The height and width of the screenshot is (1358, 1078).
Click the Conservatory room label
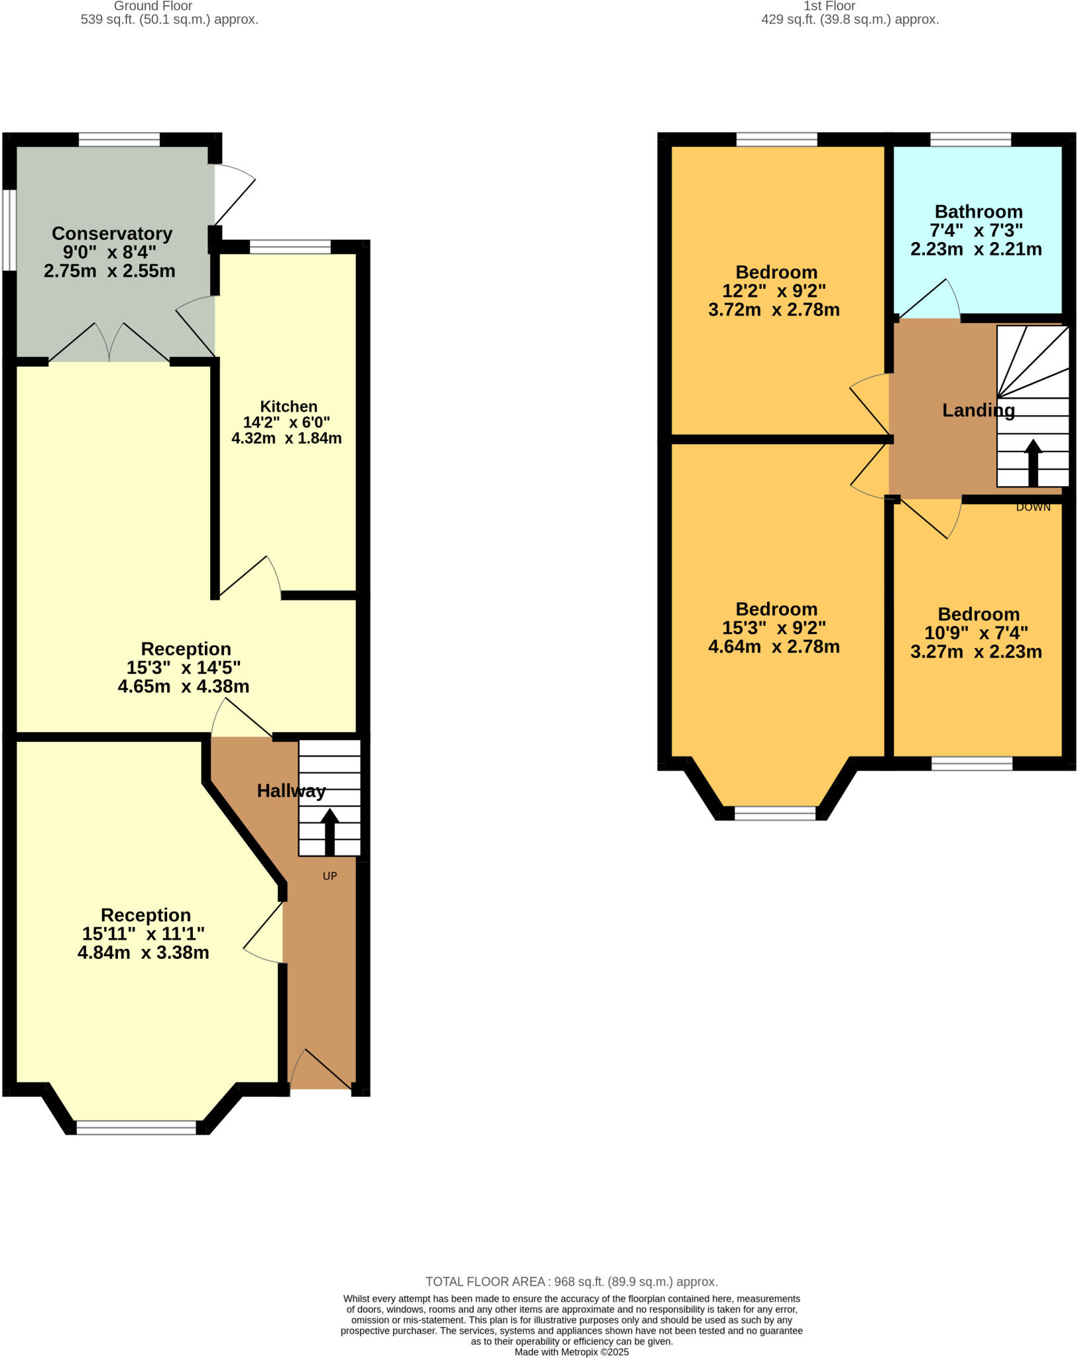coord(112,233)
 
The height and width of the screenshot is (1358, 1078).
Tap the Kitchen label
coord(288,406)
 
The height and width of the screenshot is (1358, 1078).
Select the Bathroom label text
coord(979,212)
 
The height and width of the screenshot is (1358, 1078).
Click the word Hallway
coord(291,790)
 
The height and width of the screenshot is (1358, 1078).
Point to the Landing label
coord(979,410)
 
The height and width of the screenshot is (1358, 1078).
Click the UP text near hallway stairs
coord(329,876)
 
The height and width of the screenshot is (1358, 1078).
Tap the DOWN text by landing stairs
coord(1033,507)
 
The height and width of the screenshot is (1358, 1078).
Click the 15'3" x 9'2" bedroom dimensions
coord(774,628)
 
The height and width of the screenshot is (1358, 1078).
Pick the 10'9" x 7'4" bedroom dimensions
coord(976,633)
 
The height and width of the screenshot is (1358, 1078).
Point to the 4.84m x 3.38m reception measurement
coord(143,953)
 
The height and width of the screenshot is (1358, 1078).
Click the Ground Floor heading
coord(153,6)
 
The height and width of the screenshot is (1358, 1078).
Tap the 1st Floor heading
coord(829,6)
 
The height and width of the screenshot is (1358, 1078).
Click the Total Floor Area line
coord(571,1282)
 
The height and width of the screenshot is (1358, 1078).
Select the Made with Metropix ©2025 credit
coord(571,1352)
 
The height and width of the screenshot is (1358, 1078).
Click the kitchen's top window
coord(290,247)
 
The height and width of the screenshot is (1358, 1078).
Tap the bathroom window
coord(971,139)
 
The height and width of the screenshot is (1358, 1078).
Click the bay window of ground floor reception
coord(137,1127)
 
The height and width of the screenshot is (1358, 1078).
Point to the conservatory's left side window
coord(9,231)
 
